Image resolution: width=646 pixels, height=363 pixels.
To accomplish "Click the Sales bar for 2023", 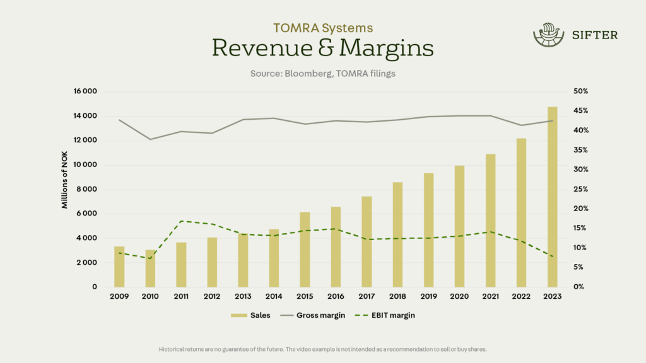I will click(x=552, y=197).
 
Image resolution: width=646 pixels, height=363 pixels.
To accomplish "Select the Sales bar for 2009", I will click(x=119, y=267).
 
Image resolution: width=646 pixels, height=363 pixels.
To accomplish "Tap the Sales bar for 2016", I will click(x=336, y=246).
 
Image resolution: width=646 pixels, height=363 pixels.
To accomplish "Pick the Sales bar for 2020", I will click(x=459, y=226).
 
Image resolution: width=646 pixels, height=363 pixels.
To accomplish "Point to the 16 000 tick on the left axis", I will click(x=85, y=91).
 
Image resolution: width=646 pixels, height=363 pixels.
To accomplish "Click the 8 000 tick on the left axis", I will click(x=88, y=189).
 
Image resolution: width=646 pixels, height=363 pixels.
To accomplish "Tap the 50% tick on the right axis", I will click(x=580, y=91).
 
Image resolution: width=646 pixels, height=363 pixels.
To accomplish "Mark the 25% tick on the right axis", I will click(x=580, y=189).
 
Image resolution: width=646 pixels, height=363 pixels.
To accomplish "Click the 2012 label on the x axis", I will click(x=212, y=297).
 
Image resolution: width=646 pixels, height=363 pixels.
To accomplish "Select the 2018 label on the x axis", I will click(x=397, y=297).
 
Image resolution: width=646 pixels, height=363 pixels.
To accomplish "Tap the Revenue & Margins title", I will click(x=322, y=48).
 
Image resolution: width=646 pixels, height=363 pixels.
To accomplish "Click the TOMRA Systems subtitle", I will click(x=322, y=28).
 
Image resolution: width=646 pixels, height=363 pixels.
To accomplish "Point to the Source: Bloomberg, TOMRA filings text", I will click(x=322, y=74).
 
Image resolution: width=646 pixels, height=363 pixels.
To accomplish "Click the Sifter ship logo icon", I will click(x=546, y=35).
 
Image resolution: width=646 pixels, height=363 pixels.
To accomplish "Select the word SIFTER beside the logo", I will click(x=594, y=35).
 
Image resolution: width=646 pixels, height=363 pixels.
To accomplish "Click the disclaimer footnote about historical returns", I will click(x=322, y=349).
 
